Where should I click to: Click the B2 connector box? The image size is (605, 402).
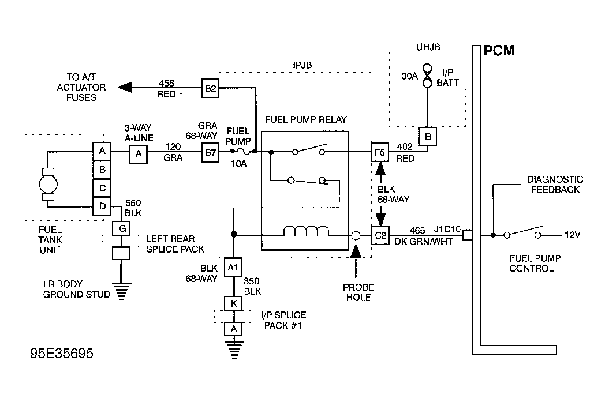coord(210,88)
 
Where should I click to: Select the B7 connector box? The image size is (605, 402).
coord(210,153)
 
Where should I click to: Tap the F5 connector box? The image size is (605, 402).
coord(380,152)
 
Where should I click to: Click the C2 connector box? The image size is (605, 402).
coord(380,235)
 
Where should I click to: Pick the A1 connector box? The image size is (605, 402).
coord(233,267)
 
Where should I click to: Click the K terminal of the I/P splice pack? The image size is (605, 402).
coord(233,304)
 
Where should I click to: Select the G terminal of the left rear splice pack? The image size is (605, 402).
coord(122,228)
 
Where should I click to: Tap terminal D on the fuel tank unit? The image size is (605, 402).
coord(102,206)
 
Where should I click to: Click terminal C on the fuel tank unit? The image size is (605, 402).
coord(102,188)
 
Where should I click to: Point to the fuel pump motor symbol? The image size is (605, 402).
coord(48,184)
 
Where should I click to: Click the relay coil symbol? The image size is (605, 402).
coord(307,231)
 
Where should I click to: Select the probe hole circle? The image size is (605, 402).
coord(356,235)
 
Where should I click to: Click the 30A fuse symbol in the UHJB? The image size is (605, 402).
coord(427,76)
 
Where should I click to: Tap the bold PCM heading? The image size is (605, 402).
coord(499,51)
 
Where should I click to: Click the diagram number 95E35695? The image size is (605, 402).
coord(62,353)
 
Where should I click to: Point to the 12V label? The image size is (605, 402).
coord(572,235)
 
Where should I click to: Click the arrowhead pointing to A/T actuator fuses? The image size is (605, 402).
coord(125,88)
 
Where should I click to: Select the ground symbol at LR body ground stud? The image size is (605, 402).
coord(122,291)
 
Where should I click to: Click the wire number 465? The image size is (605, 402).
coord(417,231)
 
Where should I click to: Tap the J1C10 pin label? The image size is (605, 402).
coord(447,230)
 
